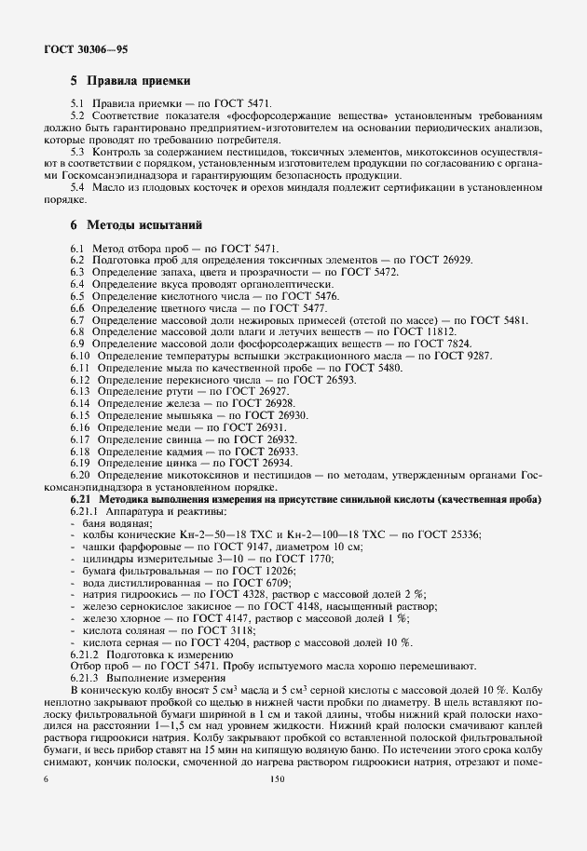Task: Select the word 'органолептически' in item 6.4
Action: coord(287,284)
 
